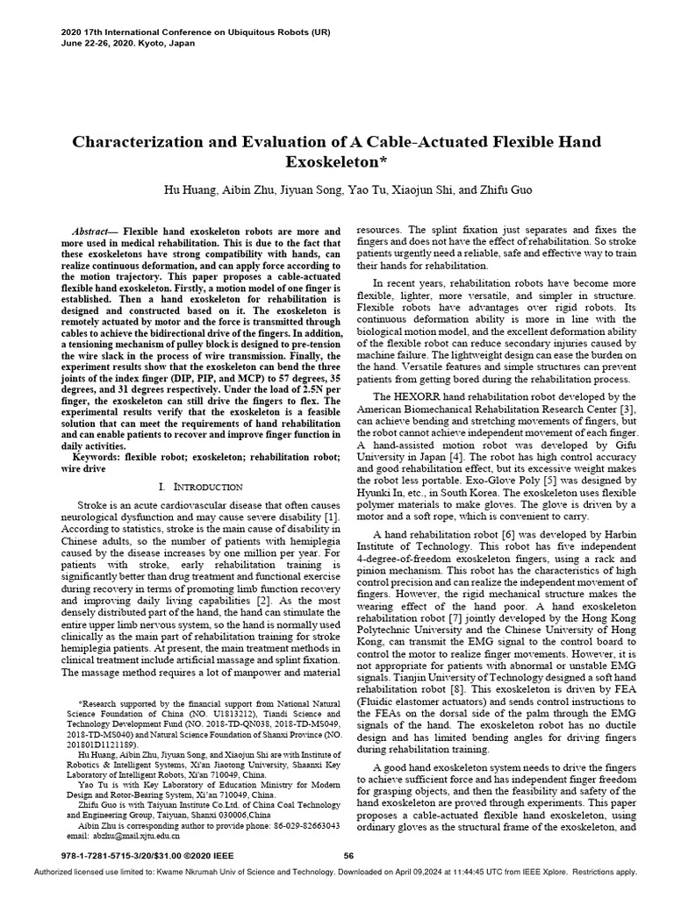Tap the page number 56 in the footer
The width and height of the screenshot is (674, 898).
pyautogui.click(x=348, y=856)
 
